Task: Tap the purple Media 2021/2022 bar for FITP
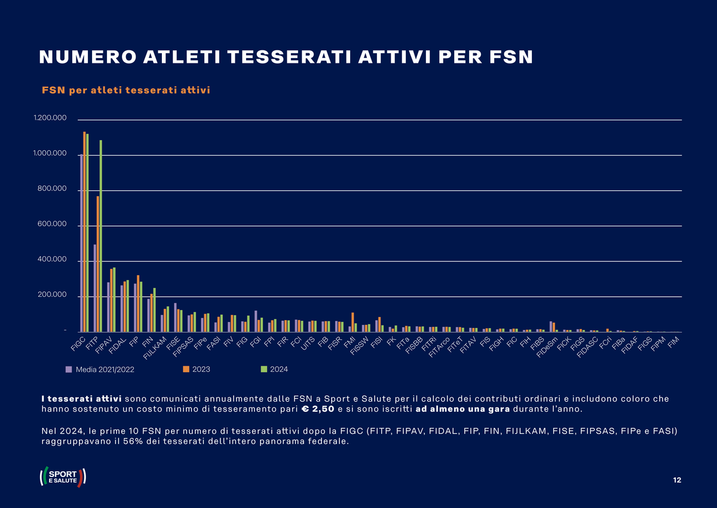pos(95,288)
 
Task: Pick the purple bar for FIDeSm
pos(551,327)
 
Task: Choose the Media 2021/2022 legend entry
pos(100,369)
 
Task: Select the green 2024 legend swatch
pos(263,369)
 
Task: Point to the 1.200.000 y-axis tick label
pos(51,120)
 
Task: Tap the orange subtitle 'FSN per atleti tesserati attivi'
pos(125,90)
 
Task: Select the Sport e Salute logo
pos(63,477)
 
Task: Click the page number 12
pos(676,480)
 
